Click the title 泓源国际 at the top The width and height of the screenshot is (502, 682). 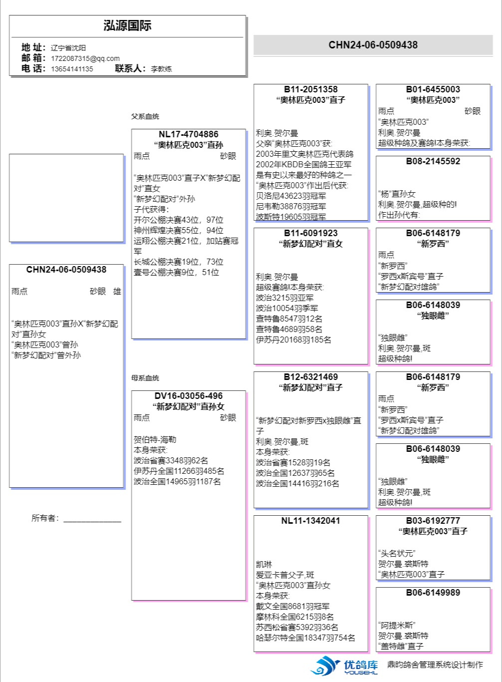click(x=127, y=26)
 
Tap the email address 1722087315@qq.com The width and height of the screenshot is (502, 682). click(x=85, y=58)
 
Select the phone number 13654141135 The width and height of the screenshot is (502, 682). click(x=72, y=69)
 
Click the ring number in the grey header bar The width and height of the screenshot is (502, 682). click(x=373, y=45)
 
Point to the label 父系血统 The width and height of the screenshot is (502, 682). click(x=145, y=116)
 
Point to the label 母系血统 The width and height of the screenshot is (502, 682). click(x=145, y=378)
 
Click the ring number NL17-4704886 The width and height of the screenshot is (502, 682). click(x=189, y=134)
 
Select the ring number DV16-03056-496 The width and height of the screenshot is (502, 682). click(x=189, y=396)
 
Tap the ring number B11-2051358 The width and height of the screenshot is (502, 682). click(x=311, y=89)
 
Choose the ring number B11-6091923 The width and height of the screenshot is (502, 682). click(x=311, y=233)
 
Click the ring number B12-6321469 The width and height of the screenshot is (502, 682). click(x=311, y=377)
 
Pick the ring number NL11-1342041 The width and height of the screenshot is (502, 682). click(x=311, y=521)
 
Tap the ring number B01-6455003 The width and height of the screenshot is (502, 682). click(x=433, y=89)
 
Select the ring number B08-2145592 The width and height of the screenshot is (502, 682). click(x=433, y=161)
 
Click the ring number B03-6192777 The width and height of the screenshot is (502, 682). click(x=433, y=521)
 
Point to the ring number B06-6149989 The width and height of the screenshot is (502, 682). click(x=433, y=593)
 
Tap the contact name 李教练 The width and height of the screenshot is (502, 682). click(x=161, y=69)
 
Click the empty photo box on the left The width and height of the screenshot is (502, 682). click(x=66, y=198)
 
